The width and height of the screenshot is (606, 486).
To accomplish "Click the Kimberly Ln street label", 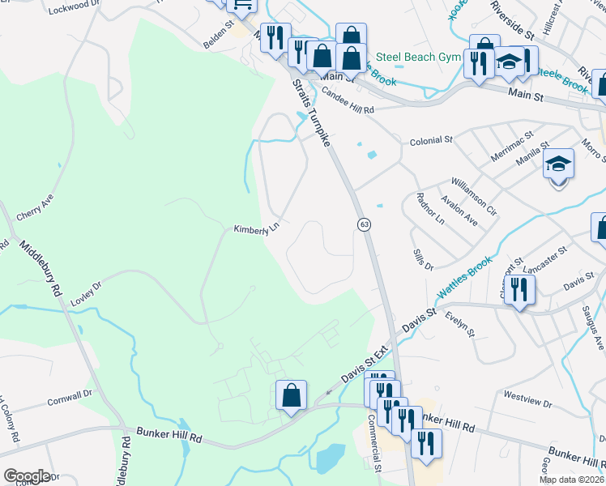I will [256, 230].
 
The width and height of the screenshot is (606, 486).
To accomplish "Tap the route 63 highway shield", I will [365, 224].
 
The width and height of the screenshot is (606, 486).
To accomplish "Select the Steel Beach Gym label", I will [418, 57].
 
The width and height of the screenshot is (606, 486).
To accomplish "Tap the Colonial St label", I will [430, 140].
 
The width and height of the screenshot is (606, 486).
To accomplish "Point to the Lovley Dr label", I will [86, 287].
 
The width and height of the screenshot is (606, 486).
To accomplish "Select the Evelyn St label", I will [463, 327].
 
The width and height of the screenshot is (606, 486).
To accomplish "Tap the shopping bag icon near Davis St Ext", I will [292, 395].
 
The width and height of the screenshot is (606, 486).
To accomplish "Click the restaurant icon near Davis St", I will [519, 289].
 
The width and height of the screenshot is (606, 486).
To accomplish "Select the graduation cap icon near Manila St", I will [558, 164].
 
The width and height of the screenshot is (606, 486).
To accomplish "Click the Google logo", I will [27, 476].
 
